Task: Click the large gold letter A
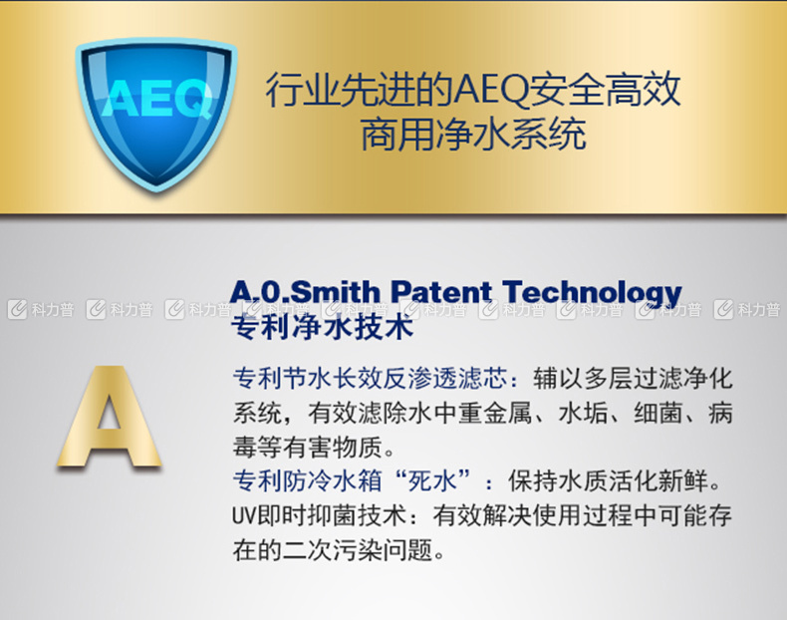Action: [x=109, y=417]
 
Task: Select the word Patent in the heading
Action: [x=441, y=292]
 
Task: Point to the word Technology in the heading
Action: [x=593, y=293]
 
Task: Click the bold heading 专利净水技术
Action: [x=322, y=327]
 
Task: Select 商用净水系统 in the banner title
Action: [x=473, y=134]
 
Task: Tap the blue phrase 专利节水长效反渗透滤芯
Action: [x=371, y=379]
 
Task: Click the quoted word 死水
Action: [x=432, y=480]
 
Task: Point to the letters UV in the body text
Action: [x=244, y=516]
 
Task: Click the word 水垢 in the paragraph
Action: [x=583, y=413]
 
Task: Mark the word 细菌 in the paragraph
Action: [x=658, y=413]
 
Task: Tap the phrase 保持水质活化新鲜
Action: [x=609, y=480]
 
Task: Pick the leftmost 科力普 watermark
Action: [x=41, y=310]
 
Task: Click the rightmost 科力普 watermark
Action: [x=747, y=310]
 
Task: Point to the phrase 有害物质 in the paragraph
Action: [x=333, y=447]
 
